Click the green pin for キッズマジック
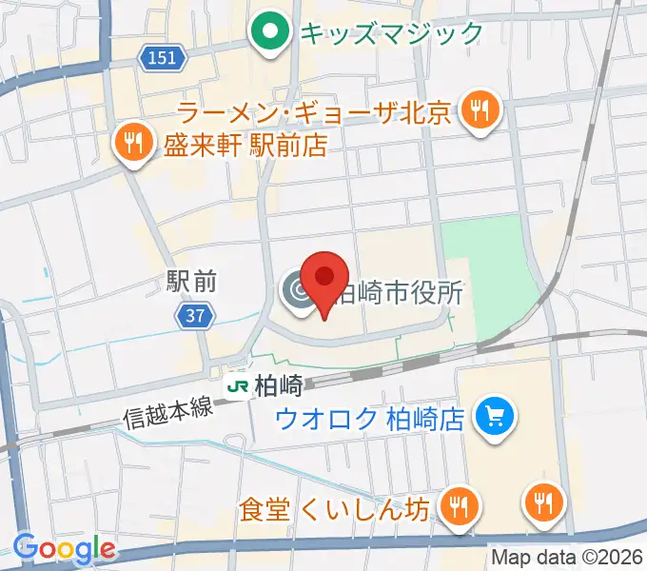click(x=271, y=34)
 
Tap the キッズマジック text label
click(x=391, y=34)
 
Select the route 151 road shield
click(x=163, y=59)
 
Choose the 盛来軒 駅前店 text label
click(x=245, y=146)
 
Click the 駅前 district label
click(x=191, y=281)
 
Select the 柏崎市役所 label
click(x=399, y=292)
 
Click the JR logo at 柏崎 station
click(x=236, y=386)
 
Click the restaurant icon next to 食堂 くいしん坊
click(x=461, y=505)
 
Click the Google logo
click(x=63, y=548)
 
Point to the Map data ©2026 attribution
click(x=568, y=557)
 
